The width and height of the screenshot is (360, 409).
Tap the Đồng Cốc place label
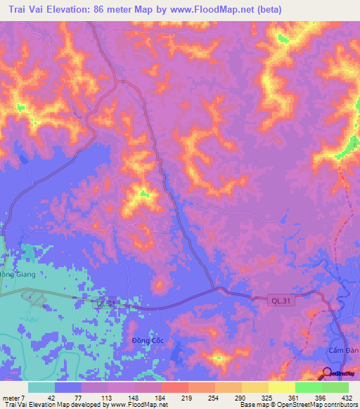click(147, 341)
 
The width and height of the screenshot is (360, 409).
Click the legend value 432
click(348, 396)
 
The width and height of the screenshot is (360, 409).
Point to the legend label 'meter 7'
click(12, 396)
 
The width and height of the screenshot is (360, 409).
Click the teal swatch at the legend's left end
click(41, 387)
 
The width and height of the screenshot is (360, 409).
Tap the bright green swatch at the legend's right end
click(335, 387)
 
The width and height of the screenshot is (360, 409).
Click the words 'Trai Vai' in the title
click(32, 10)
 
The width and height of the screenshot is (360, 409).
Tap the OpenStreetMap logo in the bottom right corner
click(339, 375)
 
